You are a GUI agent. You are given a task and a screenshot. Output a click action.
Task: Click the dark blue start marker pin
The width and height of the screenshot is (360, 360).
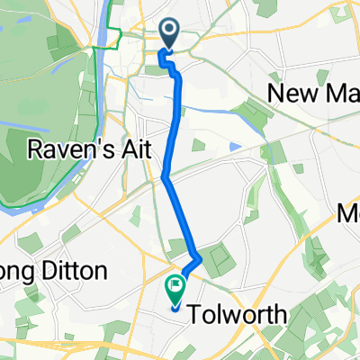[171, 35]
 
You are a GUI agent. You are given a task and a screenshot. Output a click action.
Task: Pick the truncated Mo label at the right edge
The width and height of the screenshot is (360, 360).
[348, 213]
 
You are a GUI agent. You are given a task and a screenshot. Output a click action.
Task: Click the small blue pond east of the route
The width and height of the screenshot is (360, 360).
[236, 146]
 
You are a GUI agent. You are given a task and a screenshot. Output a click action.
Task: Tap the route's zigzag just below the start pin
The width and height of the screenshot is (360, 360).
[166, 61]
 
